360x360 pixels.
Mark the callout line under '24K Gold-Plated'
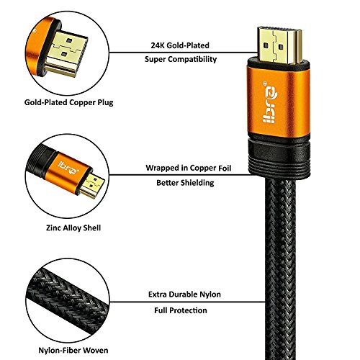(180, 51)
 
